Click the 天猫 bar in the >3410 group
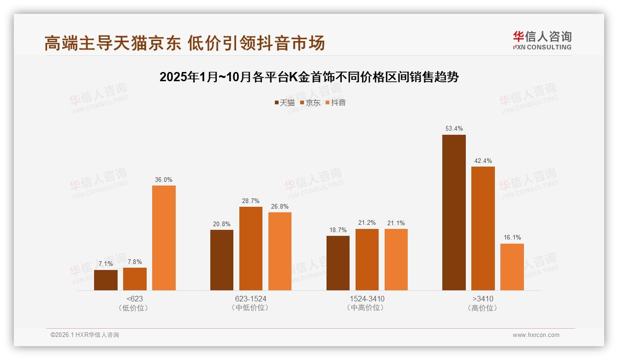[x=454, y=212]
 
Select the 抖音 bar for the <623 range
[x=164, y=238]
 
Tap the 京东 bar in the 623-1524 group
[x=250, y=248]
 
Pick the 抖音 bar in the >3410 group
[x=512, y=267]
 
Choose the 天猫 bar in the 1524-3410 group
[x=338, y=263]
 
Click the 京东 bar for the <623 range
[x=135, y=279]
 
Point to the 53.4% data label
[x=454, y=128]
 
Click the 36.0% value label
[x=164, y=180]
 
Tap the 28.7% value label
[x=250, y=201]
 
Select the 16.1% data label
[x=512, y=237]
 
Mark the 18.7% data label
[x=338, y=230]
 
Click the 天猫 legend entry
[x=284, y=102]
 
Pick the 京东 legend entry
[x=310, y=102]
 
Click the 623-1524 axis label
[x=250, y=299]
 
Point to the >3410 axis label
[x=483, y=299]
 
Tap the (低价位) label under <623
[x=134, y=308]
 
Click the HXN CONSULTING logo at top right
[x=542, y=40]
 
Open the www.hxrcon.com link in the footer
[x=535, y=335]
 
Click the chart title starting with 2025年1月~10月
[x=309, y=77]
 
